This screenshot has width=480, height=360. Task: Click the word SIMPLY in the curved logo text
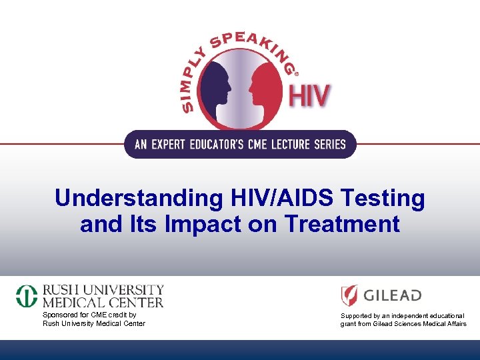pyautogui.click(x=194, y=76)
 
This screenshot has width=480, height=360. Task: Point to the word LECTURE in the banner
pyautogui.click(x=285, y=144)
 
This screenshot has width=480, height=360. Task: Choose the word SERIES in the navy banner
pyautogui.click(x=327, y=144)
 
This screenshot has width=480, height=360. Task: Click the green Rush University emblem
pyautogui.click(x=27, y=296)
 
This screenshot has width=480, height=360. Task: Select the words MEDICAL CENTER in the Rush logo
pyautogui.click(x=103, y=302)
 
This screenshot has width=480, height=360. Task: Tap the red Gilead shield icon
pyautogui.click(x=349, y=295)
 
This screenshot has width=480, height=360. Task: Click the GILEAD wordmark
pyautogui.click(x=393, y=295)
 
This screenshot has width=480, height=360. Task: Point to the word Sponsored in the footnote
pyautogui.click(x=60, y=315)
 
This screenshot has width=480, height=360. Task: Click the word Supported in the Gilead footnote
pyautogui.click(x=357, y=315)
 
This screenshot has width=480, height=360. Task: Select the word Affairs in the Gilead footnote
pyautogui.click(x=454, y=324)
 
